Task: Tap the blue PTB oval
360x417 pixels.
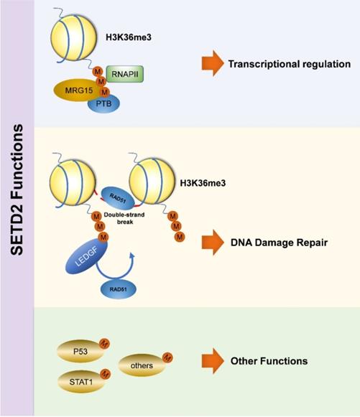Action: coord(103,105)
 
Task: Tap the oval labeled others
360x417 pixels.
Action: coord(139,364)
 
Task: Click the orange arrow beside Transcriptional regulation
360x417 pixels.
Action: coord(211,63)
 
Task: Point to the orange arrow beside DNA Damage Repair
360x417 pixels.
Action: coord(211,242)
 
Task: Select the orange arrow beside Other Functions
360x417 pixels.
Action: coord(211,360)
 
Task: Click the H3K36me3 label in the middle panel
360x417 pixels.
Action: coord(203,182)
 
